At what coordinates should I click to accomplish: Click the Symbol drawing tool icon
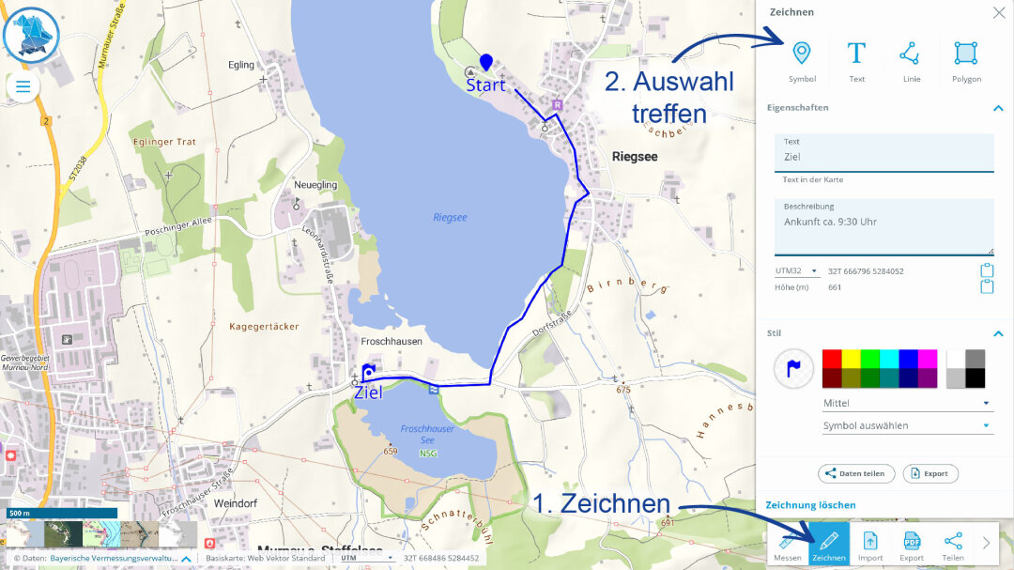tap(801, 54)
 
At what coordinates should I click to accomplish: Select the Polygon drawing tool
tap(965, 54)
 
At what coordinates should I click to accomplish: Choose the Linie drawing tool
tap(910, 54)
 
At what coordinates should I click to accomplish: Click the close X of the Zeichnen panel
tap(998, 12)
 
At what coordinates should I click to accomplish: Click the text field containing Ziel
tap(883, 157)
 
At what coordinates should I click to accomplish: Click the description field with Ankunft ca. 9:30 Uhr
tap(883, 226)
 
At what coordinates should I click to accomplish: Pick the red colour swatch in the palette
tap(832, 359)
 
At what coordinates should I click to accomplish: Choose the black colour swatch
tap(976, 377)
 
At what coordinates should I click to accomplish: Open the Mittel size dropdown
tap(907, 403)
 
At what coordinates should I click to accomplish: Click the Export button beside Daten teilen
tap(929, 473)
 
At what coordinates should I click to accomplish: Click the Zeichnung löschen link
tap(810, 505)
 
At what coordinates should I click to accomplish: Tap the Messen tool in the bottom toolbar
tap(788, 545)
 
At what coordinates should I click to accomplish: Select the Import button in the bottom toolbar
tap(870, 545)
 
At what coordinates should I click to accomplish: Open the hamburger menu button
tap(23, 87)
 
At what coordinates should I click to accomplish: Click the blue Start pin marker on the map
tap(485, 63)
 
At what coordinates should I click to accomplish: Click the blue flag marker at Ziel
tap(368, 372)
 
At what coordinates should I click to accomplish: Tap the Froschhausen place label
tap(392, 341)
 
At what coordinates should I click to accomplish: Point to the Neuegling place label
tap(315, 185)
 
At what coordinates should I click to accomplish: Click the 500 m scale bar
tap(61, 514)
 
